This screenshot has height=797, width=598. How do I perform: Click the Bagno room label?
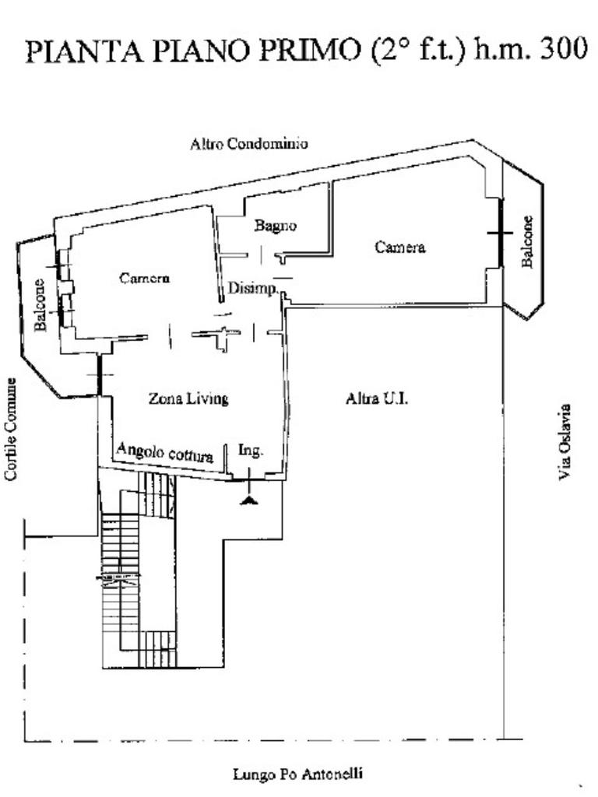click(x=276, y=226)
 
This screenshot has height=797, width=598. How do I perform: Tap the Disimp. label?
click(x=252, y=289)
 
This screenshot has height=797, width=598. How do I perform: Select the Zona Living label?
click(x=188, y=398)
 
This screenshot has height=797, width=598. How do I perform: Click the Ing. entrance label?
click(x=250, y=450)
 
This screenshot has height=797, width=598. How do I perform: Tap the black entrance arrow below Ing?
click(x=249, y=499)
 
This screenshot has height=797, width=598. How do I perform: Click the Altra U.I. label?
click(x=378, y=398)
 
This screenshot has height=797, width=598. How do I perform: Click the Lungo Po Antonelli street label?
click(x=298, y=774)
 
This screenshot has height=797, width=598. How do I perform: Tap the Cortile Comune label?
click(x=11, y=429)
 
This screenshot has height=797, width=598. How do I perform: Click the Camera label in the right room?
click(x=400, y=248)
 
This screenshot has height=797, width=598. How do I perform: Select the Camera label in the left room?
click(x=144, y=278)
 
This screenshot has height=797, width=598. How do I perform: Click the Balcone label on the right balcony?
click(x=527, y=241)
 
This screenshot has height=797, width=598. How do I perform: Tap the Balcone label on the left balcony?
click(x=40, y=304)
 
